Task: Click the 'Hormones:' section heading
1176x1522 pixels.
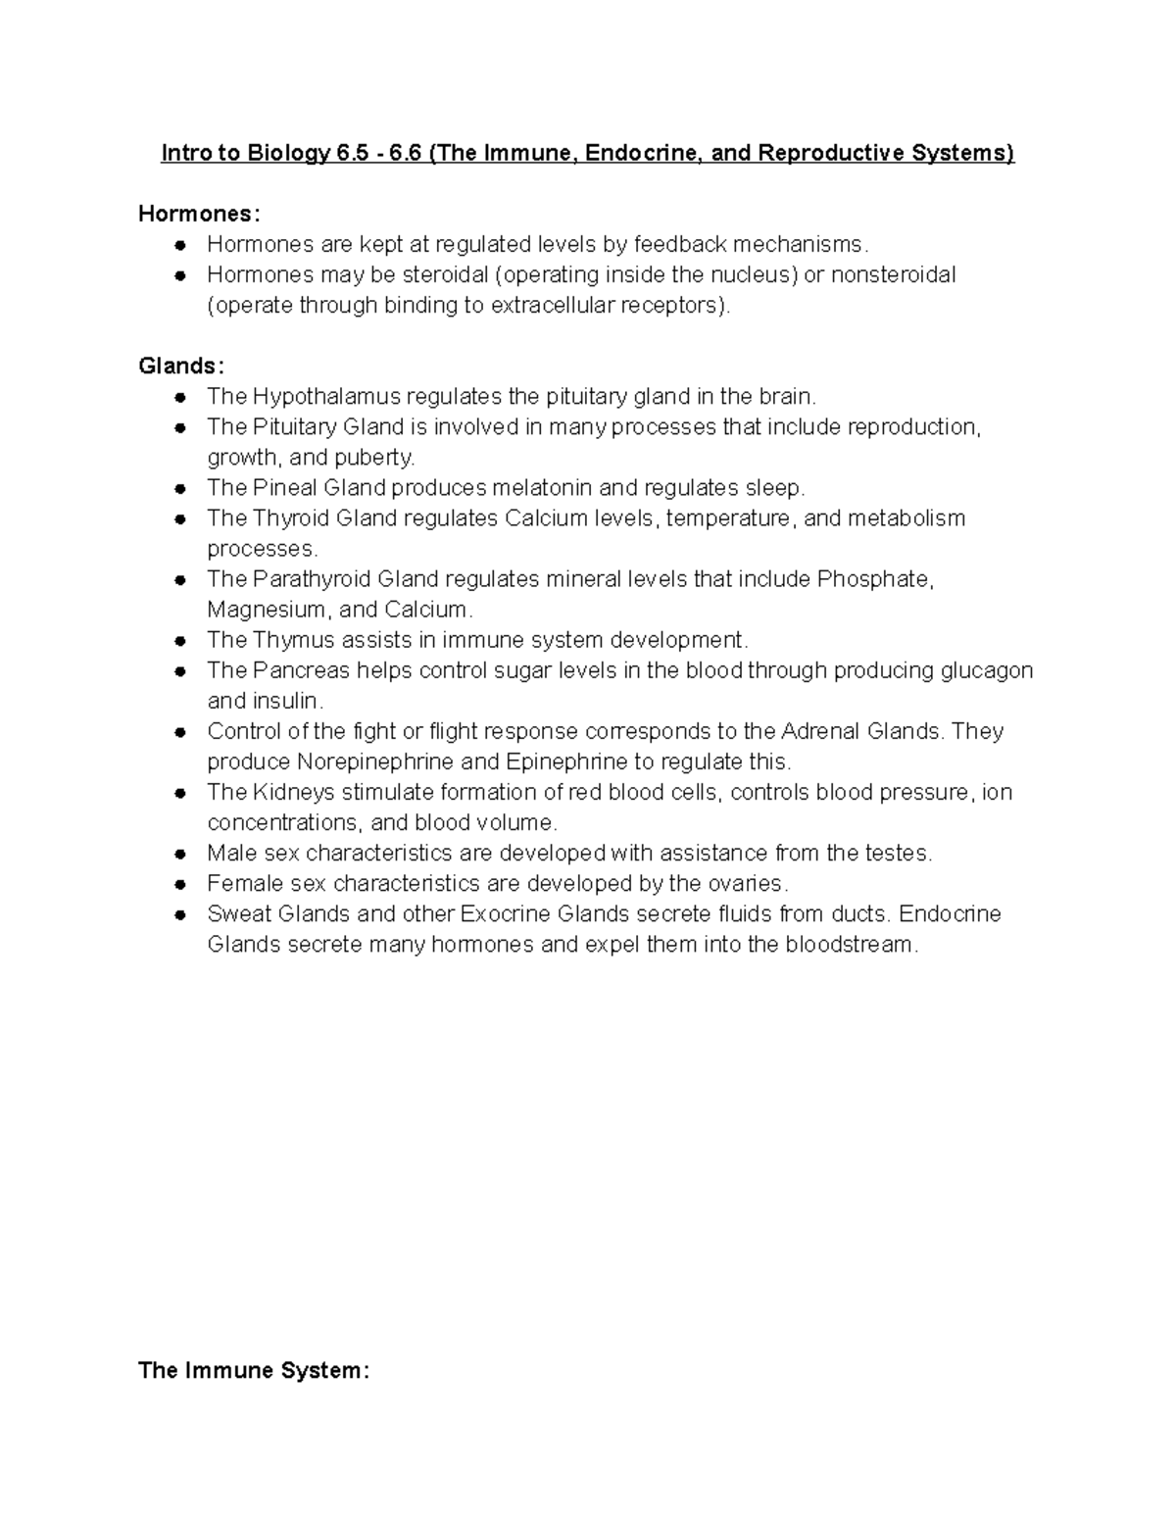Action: tap(200, 214)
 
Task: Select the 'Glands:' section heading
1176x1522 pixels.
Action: tap(181, 366)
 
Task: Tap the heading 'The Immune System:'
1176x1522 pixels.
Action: tap(254, 1369)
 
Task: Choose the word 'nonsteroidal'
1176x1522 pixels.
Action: tap(893, 274)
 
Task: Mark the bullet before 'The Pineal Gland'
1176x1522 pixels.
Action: tap(180, 489)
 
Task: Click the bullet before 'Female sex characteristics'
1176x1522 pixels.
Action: tap(180, 885)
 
